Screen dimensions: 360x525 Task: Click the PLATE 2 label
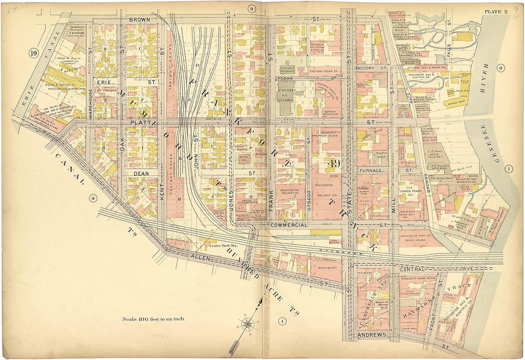495,12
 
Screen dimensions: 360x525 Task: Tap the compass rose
248,325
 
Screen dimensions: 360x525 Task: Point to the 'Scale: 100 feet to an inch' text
153,319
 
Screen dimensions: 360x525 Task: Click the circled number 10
33,53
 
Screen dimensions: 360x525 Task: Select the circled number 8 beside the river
500,68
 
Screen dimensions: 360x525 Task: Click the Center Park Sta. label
223,246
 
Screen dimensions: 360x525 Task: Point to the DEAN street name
142,173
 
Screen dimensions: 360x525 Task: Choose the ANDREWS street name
371,336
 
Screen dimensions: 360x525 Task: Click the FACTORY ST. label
371,68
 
